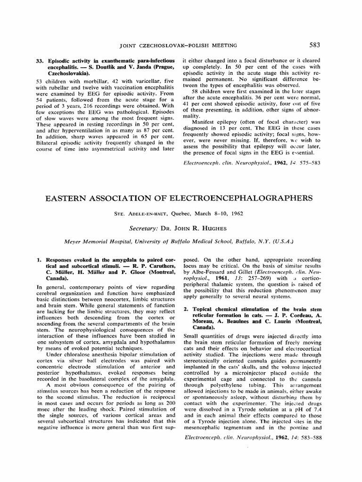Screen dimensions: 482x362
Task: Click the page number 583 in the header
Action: pyautogui.click(x=315, y=45)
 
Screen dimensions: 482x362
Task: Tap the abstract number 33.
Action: pyautogui.click(x=40, y=61)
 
